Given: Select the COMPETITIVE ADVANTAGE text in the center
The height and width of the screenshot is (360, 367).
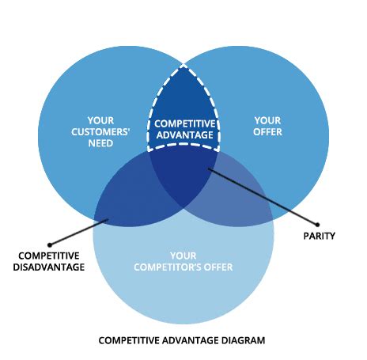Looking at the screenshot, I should pyautogui.click(x=183, y=130).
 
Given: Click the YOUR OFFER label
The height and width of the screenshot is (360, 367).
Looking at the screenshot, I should pyautogui.click(x=267, y=127).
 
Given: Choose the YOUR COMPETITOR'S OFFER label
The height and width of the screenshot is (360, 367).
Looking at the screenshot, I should pyautogui.click(x=183, y=262).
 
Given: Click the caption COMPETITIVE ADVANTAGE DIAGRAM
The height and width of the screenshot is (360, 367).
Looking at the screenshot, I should pyautogui.click(x=182, y=340).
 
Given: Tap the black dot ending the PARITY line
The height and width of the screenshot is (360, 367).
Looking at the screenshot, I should pyautogui.click(x=320, y=222).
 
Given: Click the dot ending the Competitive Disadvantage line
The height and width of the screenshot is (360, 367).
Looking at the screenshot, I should pyautogui.click(x=49, y=244).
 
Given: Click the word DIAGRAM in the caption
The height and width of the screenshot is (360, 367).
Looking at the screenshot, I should pyautogui.click(x=242, y=340).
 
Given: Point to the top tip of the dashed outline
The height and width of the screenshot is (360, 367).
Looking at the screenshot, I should pyautogui.click(x=183, y=65).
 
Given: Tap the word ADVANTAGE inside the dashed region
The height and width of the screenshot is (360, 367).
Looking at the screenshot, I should pyautogui.click(x=183, y=135).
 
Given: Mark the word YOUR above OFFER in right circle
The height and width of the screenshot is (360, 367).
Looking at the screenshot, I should pyautogui.click(x=267, y=121).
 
